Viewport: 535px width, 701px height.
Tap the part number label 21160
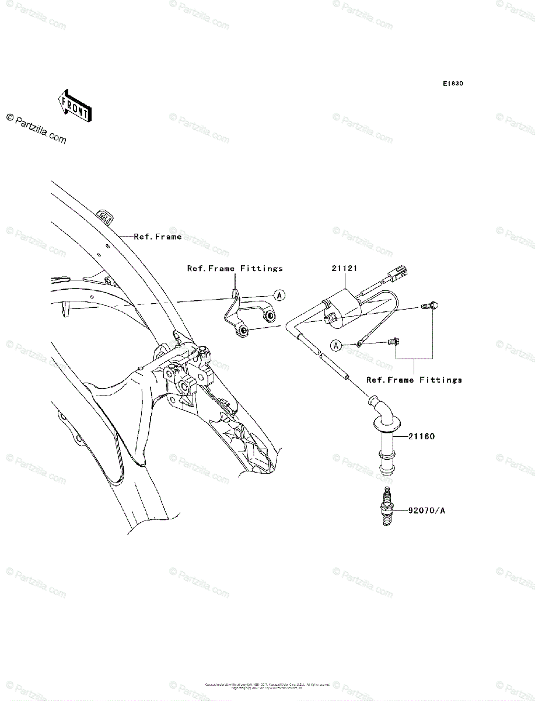click(x=422, y=436)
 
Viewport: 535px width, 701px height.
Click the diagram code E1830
click(x=452, y=84)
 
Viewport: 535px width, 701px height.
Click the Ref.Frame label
click(x=158, y=237)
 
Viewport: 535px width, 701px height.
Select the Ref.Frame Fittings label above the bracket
click(x=235, y=269)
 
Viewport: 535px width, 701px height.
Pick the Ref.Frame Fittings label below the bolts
click(x=414, y=380)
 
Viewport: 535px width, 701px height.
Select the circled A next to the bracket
click(x=279, y=296)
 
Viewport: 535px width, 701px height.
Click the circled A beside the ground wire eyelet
click(x=335, y=345)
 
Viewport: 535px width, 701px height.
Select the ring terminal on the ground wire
click(x=361, y=343)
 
